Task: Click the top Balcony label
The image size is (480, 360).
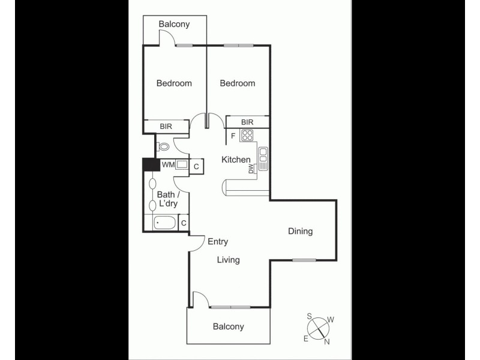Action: (x=174, y=24)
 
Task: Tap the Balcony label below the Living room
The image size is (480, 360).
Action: (x=229, y=326)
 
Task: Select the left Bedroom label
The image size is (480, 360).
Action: (x=174, y=83)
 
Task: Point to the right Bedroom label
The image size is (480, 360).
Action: (x=238, y=83)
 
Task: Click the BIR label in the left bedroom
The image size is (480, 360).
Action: (x=166, y=127)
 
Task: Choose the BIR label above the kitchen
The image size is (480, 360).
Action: (x=247, y=122)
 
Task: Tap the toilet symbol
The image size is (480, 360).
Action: (x=164, y=146)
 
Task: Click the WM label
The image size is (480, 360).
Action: (x=168, y=164)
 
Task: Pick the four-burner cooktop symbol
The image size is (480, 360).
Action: (x=247, y=136)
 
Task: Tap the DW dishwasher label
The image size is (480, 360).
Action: (x=251, y=169)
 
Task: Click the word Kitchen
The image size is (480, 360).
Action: (x=236, y=160)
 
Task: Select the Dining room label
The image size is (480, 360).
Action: (x=300, y=231)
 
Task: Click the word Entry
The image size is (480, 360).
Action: (x=218, y=242)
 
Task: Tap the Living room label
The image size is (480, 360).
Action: (x=228, y=260)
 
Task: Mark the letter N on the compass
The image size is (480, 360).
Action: (x=326, y=342)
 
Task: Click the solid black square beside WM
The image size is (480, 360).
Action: (x=149, y=165)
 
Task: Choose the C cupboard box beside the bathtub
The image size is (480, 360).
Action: (x=184, y=223)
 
